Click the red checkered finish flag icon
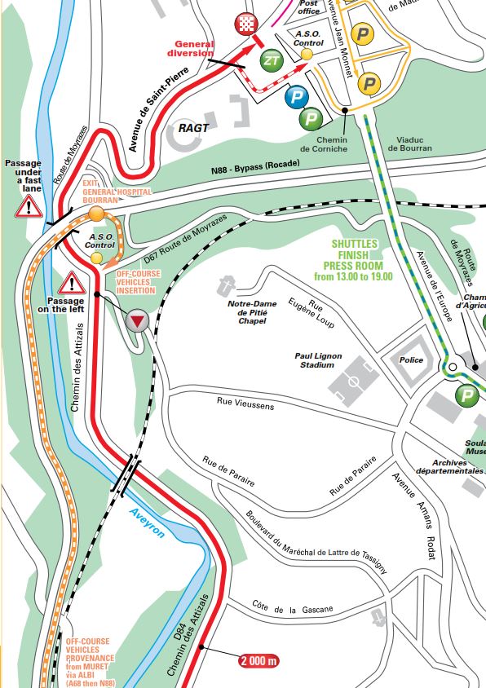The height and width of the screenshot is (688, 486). (x=245, y=24)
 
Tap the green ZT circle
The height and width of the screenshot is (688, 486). (x=272, y=60)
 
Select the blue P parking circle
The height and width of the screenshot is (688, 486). (x=295, y=97)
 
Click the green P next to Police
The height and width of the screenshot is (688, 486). (x=466, y=396)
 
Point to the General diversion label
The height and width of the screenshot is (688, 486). (x=192, y=49)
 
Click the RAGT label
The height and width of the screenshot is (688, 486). (x=193, y=128)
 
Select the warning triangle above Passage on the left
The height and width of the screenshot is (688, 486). (x=72, y=284)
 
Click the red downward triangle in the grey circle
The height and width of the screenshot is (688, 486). (x=138, y=321)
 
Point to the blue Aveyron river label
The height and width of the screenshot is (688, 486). (x=148, y=521)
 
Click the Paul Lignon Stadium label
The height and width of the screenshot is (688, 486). (x=319, y=360)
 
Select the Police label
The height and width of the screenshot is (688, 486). (x=413, y=359)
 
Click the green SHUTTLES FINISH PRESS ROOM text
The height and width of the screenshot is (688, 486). (x=353, y=260)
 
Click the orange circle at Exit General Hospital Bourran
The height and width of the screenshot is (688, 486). (x=97, y=214)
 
